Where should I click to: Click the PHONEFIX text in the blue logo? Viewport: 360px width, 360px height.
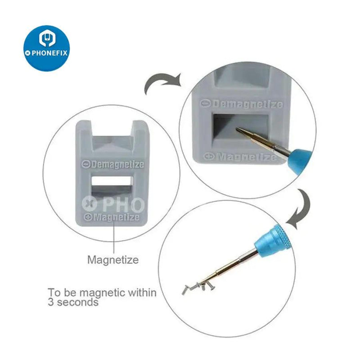[x=49, y=53]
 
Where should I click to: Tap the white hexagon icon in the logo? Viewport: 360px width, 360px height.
[x=47, y=38]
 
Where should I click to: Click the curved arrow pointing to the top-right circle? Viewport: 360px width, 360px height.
[x=161, y=81]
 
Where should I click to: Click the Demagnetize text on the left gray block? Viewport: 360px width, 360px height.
[x=117, y=165]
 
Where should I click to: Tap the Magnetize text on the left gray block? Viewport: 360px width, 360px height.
[x=116, y=217]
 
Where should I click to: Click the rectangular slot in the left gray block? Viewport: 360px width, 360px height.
[x=112, y=185]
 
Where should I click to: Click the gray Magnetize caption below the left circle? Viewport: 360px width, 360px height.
[x=113, y=260]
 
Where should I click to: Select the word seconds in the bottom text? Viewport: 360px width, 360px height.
[x=77, y=302]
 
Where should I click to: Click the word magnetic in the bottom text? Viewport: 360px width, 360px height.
[x=103, y=292]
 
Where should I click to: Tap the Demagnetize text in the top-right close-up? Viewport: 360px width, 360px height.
[x=247, y=104]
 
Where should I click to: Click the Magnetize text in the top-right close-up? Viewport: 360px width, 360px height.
[x=246, y=157]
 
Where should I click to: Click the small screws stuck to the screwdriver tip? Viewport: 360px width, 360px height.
[x=198, y=287]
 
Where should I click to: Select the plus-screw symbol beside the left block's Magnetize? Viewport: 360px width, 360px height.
[x=88, y=217]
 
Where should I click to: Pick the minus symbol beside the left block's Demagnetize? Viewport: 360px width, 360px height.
[x=86, y=164]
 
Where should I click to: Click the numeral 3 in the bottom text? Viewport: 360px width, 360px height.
[x=51, y=302]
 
